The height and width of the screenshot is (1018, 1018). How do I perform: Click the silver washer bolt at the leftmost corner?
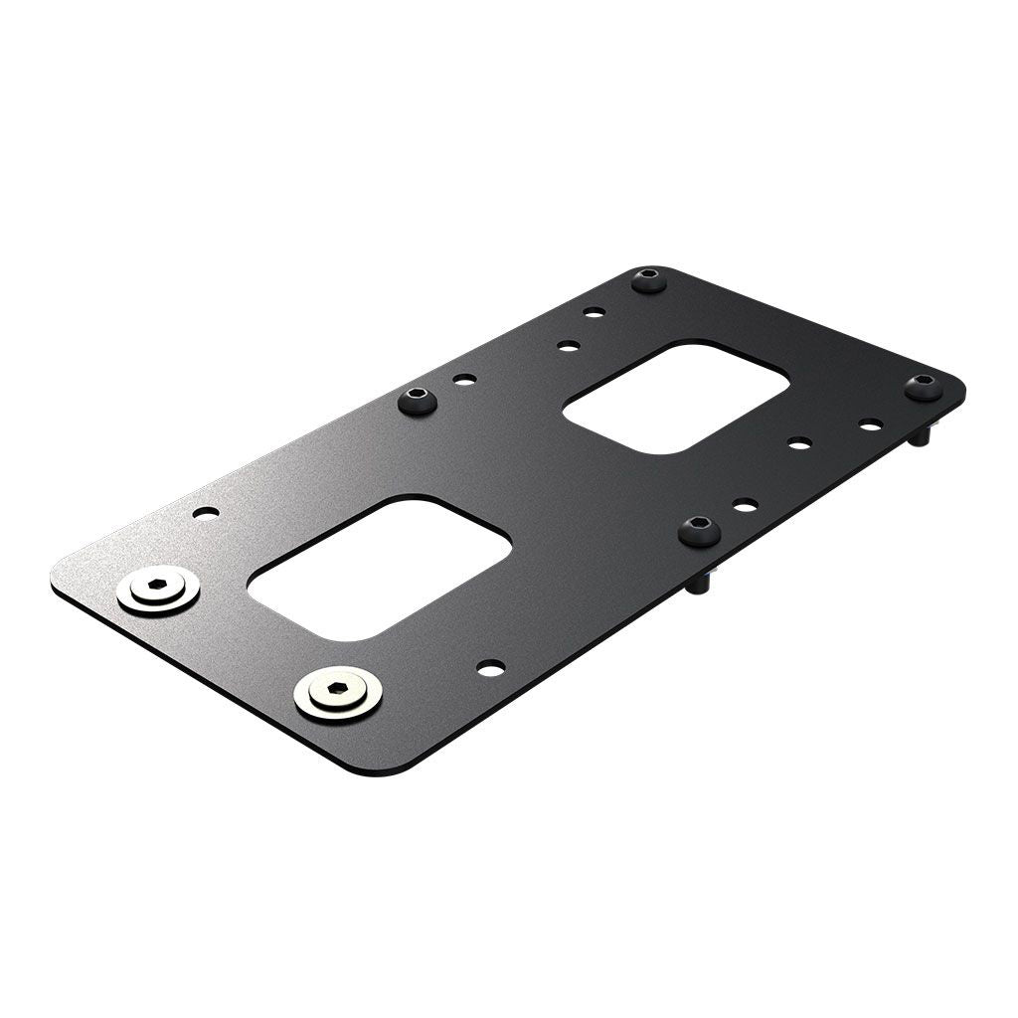pos(158,591)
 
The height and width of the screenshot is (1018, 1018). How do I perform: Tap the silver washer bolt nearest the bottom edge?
pos(338,693)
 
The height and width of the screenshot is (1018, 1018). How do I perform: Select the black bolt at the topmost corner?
pos(649,279)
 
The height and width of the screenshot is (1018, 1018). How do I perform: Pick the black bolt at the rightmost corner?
pos(924,388)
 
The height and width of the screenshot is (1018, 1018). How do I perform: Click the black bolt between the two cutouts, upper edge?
pos(418,402)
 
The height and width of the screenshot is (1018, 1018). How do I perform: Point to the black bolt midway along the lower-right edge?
pos(700,531)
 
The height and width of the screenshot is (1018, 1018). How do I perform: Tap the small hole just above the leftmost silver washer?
pos(206,513)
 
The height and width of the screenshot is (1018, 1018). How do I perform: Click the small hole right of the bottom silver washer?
pos(490,668)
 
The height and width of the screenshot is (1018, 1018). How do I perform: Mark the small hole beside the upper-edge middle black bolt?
pos(464,379)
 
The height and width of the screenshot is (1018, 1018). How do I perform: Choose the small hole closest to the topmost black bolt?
pos(594,312)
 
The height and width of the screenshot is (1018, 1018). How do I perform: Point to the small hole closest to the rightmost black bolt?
pos(871,424)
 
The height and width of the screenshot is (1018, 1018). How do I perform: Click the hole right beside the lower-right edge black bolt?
pos(746,505)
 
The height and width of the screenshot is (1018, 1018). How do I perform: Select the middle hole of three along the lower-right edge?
pos(799,442)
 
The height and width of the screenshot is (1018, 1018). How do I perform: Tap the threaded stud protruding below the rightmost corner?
pos(926,435)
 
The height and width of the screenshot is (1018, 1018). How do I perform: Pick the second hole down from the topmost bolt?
pos(569,346)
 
